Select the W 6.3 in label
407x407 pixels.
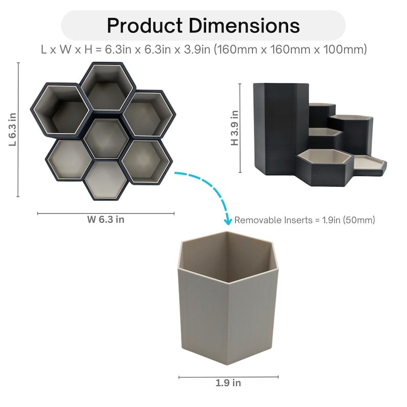click(105, 220)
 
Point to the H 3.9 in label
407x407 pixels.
click(234, 128)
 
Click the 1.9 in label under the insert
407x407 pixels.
click(228, 383)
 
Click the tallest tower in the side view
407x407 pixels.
click(279, 128)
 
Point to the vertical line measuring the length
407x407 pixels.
click(18, 130)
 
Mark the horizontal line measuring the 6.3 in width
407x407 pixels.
click(106, 213)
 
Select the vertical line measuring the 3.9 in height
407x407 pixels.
click(240, 128)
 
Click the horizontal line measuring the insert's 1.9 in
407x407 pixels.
click(228, 377)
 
